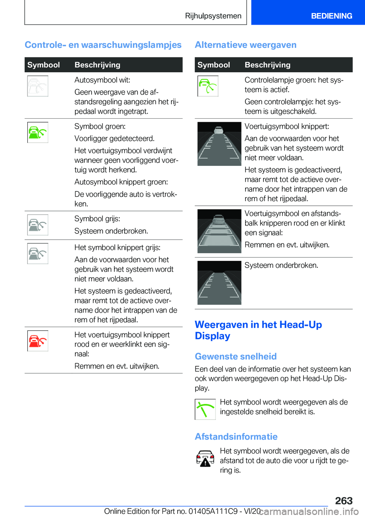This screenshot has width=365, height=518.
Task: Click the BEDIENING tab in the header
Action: (x=331, y=16)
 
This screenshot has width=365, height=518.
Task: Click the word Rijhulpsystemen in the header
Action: (x=213, y=16)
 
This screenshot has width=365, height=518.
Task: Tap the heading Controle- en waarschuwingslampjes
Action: (x=103, y=45)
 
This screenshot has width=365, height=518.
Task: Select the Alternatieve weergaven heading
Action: (x=245, y=45)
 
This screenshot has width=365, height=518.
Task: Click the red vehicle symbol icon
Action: (x=38, y=341)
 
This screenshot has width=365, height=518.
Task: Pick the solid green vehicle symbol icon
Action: (x=38, y=132)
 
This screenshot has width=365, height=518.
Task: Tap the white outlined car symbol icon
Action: (x=38, y=86)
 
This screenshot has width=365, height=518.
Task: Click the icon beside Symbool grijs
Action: (x=38, y=225)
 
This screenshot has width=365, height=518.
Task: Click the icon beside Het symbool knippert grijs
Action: (x=38, y=254)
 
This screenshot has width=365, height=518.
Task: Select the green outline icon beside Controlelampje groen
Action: (x=208, y=86)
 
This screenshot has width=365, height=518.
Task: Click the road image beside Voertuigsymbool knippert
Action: (x=219, y=144)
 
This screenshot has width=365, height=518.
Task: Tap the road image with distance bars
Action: (x=219, y=231)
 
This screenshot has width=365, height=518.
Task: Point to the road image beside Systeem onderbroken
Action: (x=219, y=283)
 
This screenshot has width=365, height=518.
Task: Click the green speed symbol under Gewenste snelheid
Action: (x=205, y=409)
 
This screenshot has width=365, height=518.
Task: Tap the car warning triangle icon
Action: (x=205, y=458)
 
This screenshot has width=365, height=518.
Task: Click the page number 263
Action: (x=344, y=501)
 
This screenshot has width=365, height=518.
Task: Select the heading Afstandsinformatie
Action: (x=236, y=437)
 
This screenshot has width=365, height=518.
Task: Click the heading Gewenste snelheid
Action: (x=235, y=356)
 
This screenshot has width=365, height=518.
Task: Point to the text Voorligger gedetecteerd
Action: (x=114, y=138)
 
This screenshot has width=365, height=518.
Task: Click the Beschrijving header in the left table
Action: (x=97, y=65)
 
